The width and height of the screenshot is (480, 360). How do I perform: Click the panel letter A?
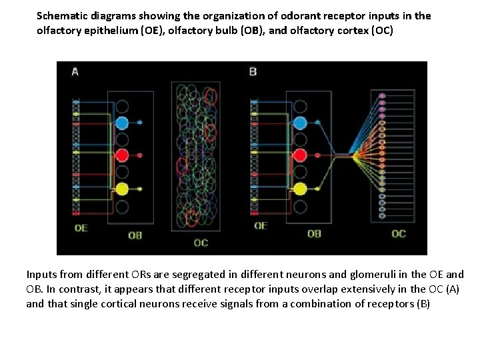(75, 71)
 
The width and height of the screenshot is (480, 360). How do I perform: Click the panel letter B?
(253, 71)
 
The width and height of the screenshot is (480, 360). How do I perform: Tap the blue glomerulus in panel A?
(121, 123)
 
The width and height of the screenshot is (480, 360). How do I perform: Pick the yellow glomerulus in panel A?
(121, 189)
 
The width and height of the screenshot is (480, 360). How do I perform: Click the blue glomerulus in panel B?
(300, 123)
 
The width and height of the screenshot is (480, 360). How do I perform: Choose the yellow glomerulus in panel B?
(300, 189)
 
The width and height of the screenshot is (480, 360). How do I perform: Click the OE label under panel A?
(81, 227)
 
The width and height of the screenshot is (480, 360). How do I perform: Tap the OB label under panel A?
(135, 235)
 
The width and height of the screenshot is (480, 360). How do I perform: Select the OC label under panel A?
(201, 243)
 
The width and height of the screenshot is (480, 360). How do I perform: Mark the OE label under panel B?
(260, 225)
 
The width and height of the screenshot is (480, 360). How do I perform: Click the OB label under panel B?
(313, 234)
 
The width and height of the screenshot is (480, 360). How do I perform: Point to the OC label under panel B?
(398, 233)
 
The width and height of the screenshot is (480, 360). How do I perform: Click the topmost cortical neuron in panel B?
(382, 96)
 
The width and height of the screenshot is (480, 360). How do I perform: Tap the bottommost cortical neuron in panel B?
(382, 216)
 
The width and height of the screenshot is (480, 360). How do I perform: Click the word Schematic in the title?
(61, 15)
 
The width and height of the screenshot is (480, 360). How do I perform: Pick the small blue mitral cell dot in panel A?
(140, 123)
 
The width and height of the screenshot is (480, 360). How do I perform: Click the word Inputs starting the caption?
(42, 274)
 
